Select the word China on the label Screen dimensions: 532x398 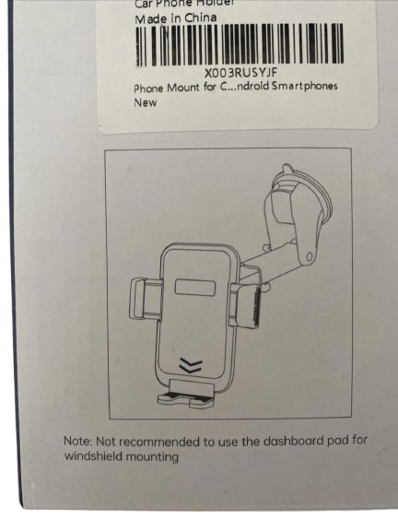point(202,18)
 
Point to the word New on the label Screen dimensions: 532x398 point(146,102)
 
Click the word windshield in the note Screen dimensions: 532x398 point(93,456)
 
